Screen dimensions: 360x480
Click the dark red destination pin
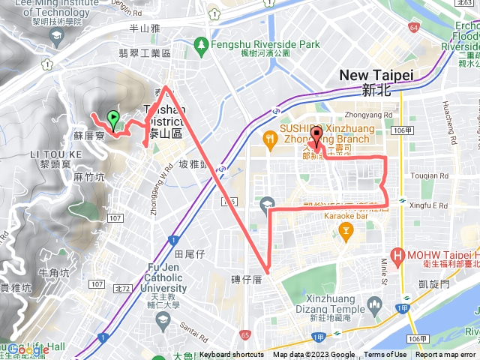[x=316, y=136]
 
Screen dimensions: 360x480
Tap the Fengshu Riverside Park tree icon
[x=200, y=45]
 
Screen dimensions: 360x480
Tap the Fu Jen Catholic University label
[x=157, y=277]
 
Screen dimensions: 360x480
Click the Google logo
[x=28, y=349]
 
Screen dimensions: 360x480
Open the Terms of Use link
[x=385, y=355]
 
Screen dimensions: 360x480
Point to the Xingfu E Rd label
[x=430, y=205]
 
